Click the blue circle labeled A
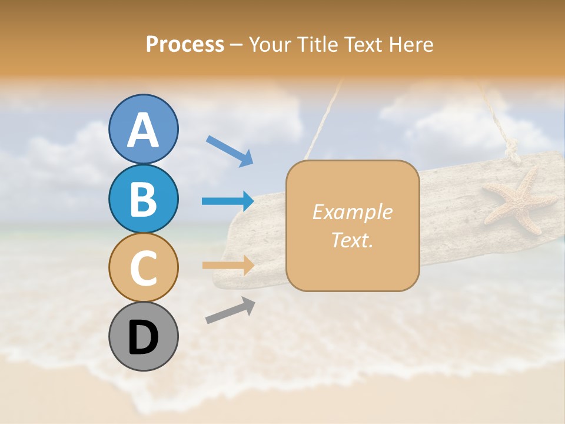(144, 129)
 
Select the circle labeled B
(144, 198)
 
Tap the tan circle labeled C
(144, 267)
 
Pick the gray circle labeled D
(144, 336)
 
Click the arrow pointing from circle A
(230, 151)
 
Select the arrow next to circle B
(228, 201)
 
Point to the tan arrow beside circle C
(228, 266)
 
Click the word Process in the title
(185, 45)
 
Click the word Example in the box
(352, 212)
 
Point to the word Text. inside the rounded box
(352, 240)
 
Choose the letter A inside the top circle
(144, 130)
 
